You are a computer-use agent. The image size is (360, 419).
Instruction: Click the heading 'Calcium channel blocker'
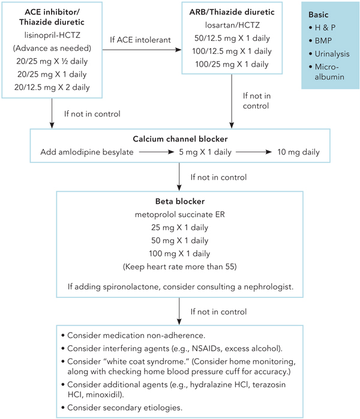(x=179, y=139)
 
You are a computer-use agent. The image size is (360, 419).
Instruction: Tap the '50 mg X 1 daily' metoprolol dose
(x=179, y=240)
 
